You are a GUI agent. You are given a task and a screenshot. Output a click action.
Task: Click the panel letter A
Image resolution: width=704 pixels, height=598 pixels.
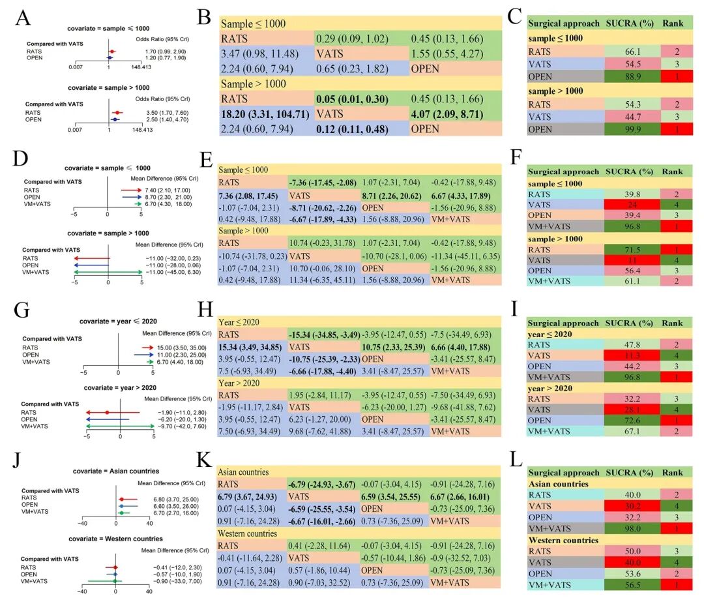pyautogui.click(x=23, y=18)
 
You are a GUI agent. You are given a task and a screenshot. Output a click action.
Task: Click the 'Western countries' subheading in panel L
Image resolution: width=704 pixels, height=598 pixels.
pyautogui.click(x=563, y=540)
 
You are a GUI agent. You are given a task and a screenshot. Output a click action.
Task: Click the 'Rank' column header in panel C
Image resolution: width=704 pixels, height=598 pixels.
pyautogui.click(x=673, y=23)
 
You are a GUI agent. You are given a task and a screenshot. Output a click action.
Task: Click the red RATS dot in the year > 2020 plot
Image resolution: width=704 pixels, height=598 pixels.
pyautogui.click(x=107, y=412)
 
